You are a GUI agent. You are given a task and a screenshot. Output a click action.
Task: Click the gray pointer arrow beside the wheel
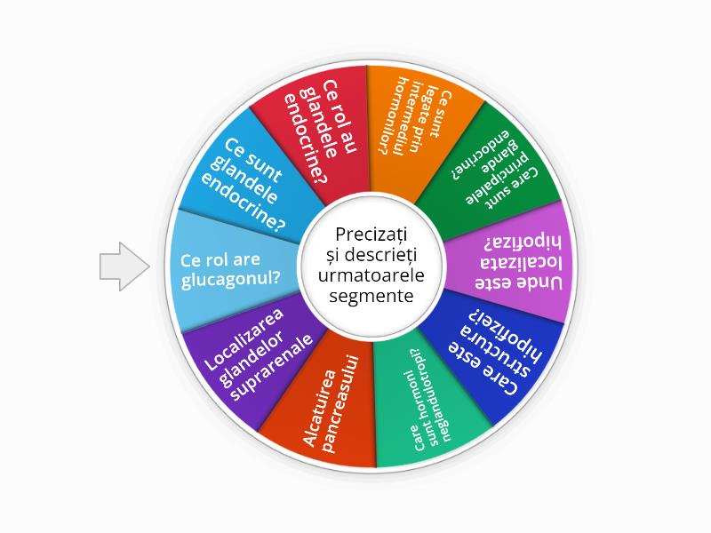click(124, 266)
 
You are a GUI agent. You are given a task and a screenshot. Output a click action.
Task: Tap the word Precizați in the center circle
click(371, 235)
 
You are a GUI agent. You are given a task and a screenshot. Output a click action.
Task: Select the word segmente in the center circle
click(371, 296)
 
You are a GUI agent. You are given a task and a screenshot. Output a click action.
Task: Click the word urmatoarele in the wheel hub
click(371, 275)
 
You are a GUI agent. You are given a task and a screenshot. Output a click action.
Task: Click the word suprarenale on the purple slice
click(272, 368)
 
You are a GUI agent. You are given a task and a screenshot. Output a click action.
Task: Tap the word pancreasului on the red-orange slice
click(341, 405)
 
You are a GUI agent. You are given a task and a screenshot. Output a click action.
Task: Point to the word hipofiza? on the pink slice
click(523, 243)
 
